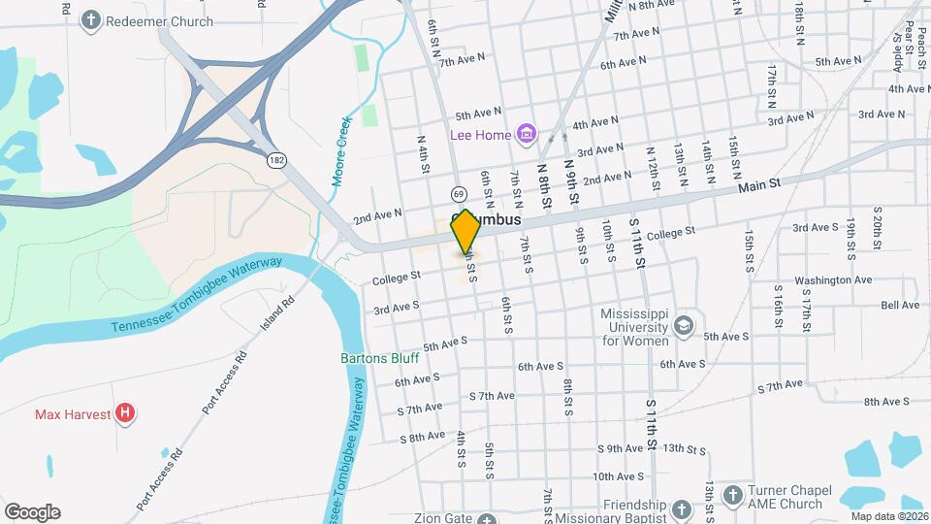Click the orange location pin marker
click(x=465, y=231)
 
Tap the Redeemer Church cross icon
click(x=91, y=19)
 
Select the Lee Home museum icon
click(x=527, y=134)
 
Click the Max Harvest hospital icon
click(x=124, y=414)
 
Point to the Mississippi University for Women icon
click(x=685, y=325)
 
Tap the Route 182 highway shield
click(x=277, y=157)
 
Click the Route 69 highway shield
click(x=457, y=196)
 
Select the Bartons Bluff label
click(x=379, y=358)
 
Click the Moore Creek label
click(x=340, y=151)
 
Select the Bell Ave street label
click(x=900, y=305)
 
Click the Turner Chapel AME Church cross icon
click(x=734, y=494)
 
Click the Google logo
click(x=32, y=512)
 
